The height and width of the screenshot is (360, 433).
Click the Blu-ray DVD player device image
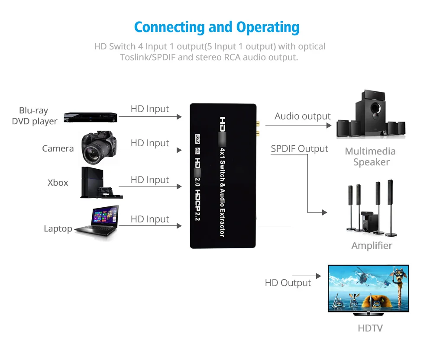tap(90, 117)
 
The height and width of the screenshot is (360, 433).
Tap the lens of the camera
tap(93, 153)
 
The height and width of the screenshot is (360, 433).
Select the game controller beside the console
tap(106, 191)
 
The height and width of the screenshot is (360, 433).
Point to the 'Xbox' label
tap(58, 183)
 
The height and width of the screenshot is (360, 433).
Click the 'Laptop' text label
tap(58, 229)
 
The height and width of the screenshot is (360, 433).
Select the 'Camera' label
tap(58, 148)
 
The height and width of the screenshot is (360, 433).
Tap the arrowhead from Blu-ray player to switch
tap(179, 117)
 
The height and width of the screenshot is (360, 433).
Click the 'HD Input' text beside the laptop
tap(150, 219)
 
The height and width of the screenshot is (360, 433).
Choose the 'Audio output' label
tap(302, 116)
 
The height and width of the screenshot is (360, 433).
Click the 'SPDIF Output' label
tap(299, 148)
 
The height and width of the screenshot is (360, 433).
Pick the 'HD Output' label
tap(288, 283)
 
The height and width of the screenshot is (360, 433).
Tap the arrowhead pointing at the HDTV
tap(319, 276)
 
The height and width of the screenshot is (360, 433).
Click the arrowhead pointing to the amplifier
tap(325, 212)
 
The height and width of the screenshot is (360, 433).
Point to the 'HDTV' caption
tap(370, 328)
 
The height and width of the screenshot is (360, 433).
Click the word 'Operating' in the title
tap(268, 27)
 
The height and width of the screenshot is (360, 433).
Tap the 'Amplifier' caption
tap(372, 245)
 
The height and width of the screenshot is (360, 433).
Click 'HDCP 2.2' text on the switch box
tap(197, 206)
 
